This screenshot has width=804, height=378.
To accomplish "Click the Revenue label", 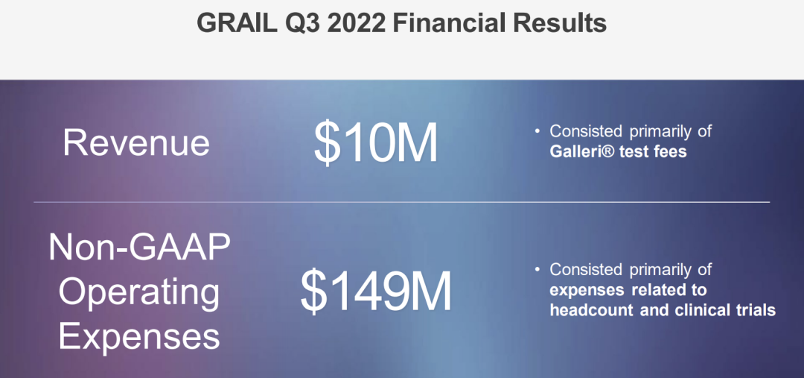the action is pyautogui.click(x=136, y=142).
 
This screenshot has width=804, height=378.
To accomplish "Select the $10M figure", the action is pyautogui.click(x=376, y=143).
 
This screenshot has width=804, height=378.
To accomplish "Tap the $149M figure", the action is pyautogui.click(x=376, y=292).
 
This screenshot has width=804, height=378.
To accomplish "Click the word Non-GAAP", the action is pyautogui.click(x=139, y=248).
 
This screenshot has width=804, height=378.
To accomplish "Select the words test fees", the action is pyautogui.click(x=654, y=151).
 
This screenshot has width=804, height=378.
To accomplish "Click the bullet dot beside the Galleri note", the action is pyautogui.click(x=537, y=131).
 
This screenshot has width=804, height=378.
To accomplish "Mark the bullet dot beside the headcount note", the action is pyautogui.click(x=537, y=269).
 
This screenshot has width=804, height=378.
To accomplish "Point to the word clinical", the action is pyautogui.click(x=698, y=310).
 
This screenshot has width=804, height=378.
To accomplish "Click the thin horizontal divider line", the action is pyautogui.click(x=402, y=202).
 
